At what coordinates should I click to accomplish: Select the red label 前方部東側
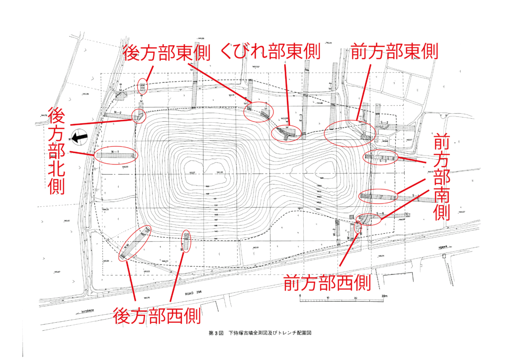point(394,52)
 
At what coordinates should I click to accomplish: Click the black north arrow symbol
point(79,135)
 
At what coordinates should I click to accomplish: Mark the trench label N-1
point(115,151)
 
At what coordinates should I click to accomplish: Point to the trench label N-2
point(118,113)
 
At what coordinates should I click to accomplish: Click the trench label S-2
point(384,122)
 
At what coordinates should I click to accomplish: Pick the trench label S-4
point(381,213)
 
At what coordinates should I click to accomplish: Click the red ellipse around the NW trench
point(135,244)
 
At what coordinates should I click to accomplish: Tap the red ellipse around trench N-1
point(115,156)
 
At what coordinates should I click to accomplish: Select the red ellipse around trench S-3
point(381,158)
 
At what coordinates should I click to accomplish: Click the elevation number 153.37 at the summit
point(192,173)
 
